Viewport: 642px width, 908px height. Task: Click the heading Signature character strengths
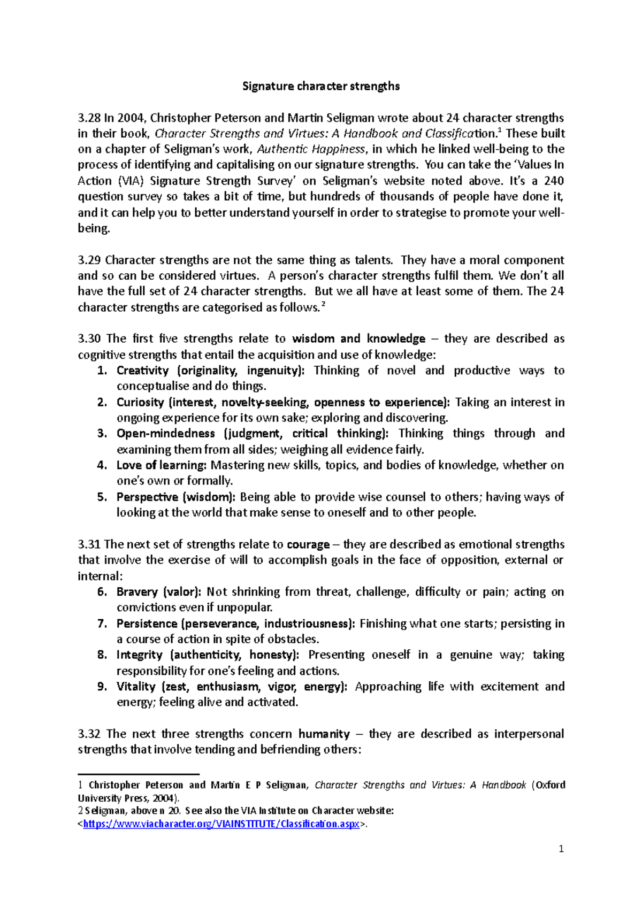320,86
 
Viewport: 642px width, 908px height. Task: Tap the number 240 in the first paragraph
553,181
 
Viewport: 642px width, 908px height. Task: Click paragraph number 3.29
89,260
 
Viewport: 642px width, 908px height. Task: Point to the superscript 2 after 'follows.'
323,304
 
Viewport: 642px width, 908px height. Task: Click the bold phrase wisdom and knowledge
358,338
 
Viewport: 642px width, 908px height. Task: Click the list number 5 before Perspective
102,497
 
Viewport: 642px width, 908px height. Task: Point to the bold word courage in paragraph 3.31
308,544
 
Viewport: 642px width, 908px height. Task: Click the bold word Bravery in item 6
137,592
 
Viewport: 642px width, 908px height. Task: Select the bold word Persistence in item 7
147,624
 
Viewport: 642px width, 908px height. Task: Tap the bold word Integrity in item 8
139,655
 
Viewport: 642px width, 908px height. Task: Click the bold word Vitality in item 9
136,687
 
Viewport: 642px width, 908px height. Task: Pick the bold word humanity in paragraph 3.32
324,734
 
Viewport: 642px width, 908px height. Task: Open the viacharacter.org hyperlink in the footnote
221,824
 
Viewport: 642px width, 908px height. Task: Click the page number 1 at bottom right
561,849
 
